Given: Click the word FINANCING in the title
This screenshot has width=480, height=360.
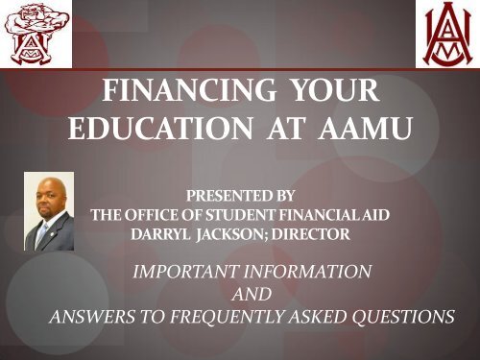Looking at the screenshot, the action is (189, 90).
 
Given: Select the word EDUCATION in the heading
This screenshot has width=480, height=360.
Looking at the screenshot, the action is (160, 128).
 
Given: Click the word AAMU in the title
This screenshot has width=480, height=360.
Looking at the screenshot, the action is (365, 128).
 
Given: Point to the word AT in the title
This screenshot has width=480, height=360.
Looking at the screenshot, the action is (285, 128).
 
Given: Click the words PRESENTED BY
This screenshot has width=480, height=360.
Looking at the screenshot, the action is (240, 196).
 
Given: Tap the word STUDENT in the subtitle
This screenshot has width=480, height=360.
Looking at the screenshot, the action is (240, 215).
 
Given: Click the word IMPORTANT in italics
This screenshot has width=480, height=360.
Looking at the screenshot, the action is (185, 272).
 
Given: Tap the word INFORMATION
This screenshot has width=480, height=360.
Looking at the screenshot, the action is (307, 272).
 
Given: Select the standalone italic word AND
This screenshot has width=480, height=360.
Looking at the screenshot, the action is (252, 294).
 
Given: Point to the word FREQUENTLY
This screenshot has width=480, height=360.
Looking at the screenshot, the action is (228, 317).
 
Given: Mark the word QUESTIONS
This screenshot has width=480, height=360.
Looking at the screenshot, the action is (403, 317).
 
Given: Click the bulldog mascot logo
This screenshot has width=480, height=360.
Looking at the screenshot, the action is (36, 34).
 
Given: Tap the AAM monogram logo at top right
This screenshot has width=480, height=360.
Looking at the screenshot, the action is (448, 34).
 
